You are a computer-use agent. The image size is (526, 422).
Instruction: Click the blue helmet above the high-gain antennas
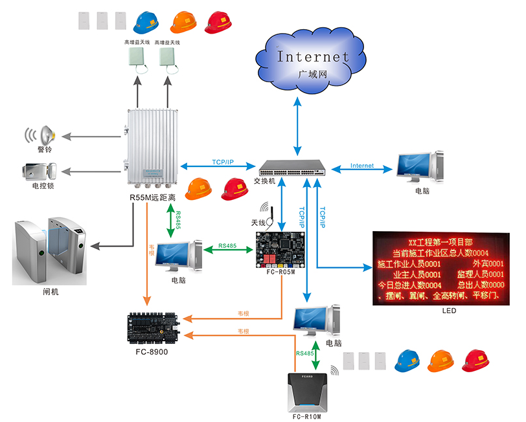click(144, 23)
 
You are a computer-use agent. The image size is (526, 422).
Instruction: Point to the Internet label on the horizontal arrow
click(362, 166)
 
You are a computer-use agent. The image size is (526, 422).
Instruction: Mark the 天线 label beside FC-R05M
click(258, 223)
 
